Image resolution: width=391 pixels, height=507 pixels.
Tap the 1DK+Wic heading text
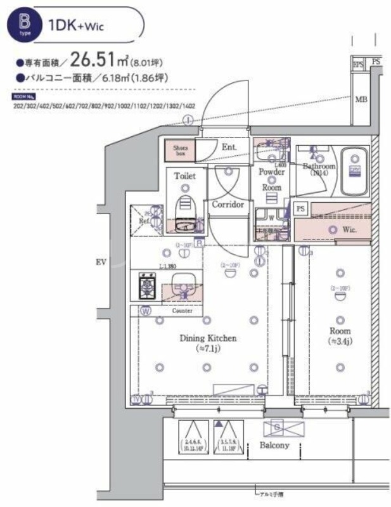click(75, 25)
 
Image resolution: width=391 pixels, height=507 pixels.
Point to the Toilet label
click(185, 176)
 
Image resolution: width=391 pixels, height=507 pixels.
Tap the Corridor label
click(228, 205)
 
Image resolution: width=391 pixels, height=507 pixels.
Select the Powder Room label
click(271, 179)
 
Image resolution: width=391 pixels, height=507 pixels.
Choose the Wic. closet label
click(350, 229)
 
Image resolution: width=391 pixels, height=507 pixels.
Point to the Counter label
click(183, 311)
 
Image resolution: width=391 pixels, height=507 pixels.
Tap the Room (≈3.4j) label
click(340, 337)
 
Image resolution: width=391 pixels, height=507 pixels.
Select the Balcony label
click(274, 445)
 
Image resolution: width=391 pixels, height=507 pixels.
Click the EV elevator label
click(100, 262)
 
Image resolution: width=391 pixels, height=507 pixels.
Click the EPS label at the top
click(357, 63)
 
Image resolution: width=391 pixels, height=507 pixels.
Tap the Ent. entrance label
click(229, 148)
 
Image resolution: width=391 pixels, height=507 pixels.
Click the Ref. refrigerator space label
click(145, 221)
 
